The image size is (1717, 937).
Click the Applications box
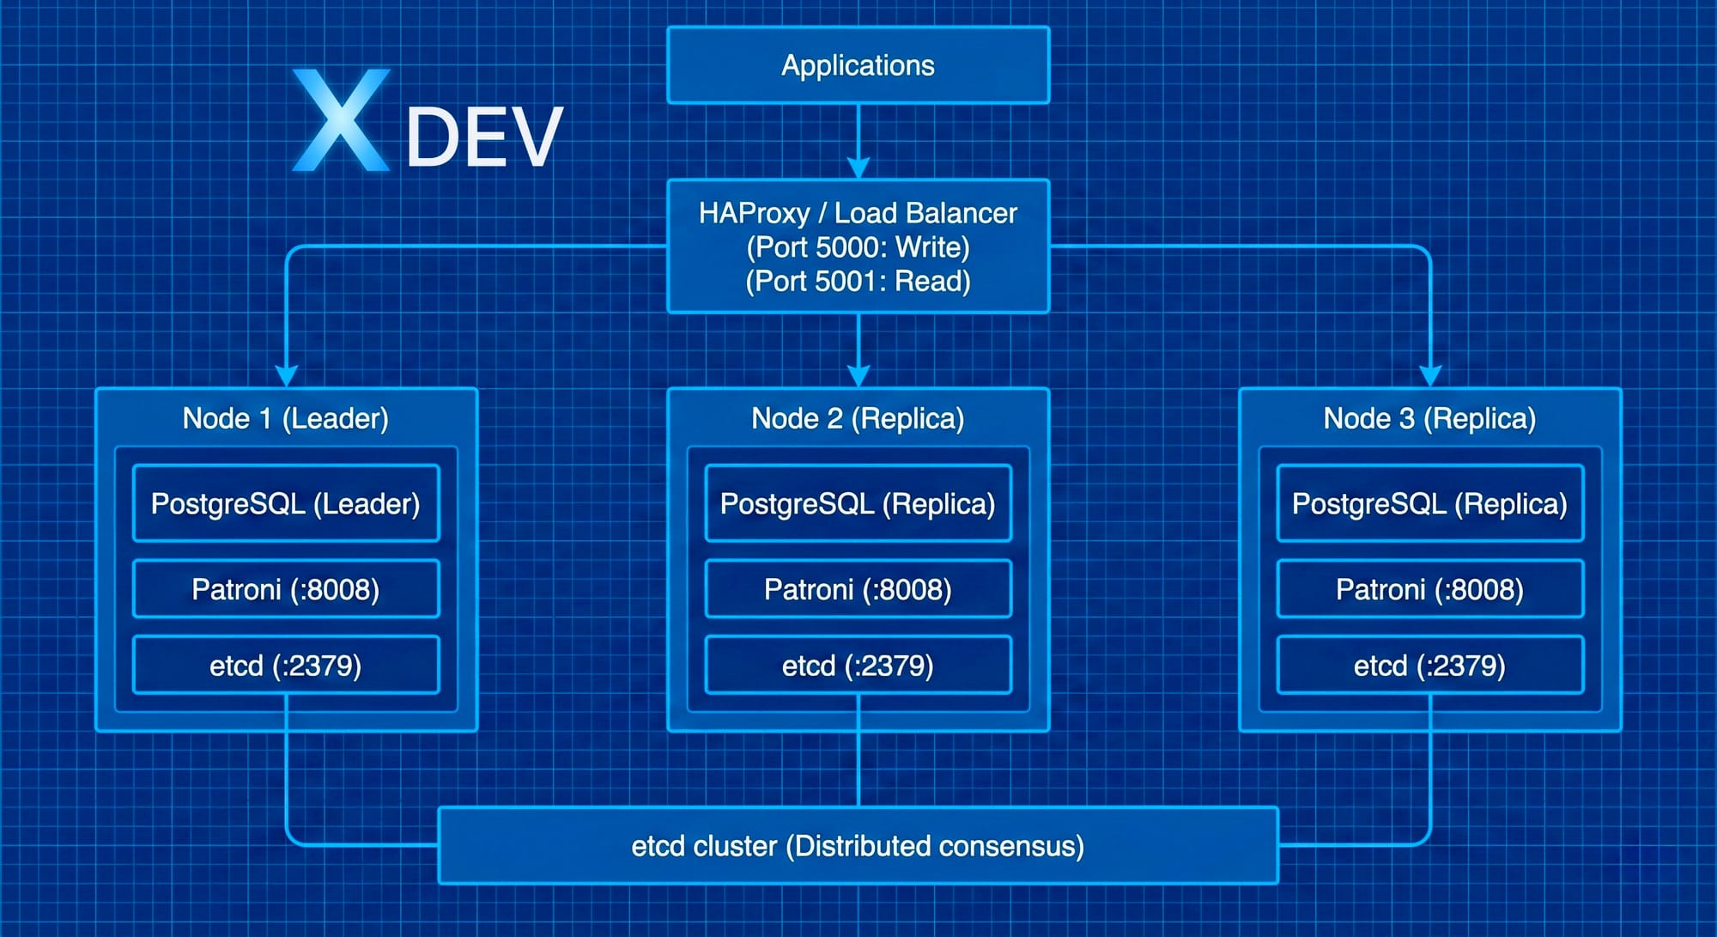(858, 65)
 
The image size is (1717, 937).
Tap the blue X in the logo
(341, 120)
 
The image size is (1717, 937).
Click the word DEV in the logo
(484, 137)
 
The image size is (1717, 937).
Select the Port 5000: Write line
(858, 247)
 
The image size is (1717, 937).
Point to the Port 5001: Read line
(858, 282)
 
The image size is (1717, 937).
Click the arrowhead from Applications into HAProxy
(858, 167)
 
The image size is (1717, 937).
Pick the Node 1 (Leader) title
(286, 418)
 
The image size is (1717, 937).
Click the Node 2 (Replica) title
(858, 418)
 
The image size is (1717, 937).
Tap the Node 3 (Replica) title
(1429, 418)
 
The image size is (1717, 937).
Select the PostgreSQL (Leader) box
(286, 503)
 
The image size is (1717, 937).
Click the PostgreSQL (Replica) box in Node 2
(858, 503)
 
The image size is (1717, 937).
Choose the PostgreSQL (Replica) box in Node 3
(1429, 503)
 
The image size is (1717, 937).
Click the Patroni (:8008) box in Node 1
(286, 589)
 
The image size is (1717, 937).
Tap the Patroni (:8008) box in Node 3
(1429, 589)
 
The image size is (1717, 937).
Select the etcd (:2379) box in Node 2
(858, 665)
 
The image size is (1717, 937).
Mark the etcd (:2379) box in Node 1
(286, 665)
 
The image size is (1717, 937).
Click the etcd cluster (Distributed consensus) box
(858, 846)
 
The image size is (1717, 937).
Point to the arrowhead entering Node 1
(287, 376)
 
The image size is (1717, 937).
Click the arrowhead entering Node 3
(1430, 376)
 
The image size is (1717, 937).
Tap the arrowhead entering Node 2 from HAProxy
(858, 376)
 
